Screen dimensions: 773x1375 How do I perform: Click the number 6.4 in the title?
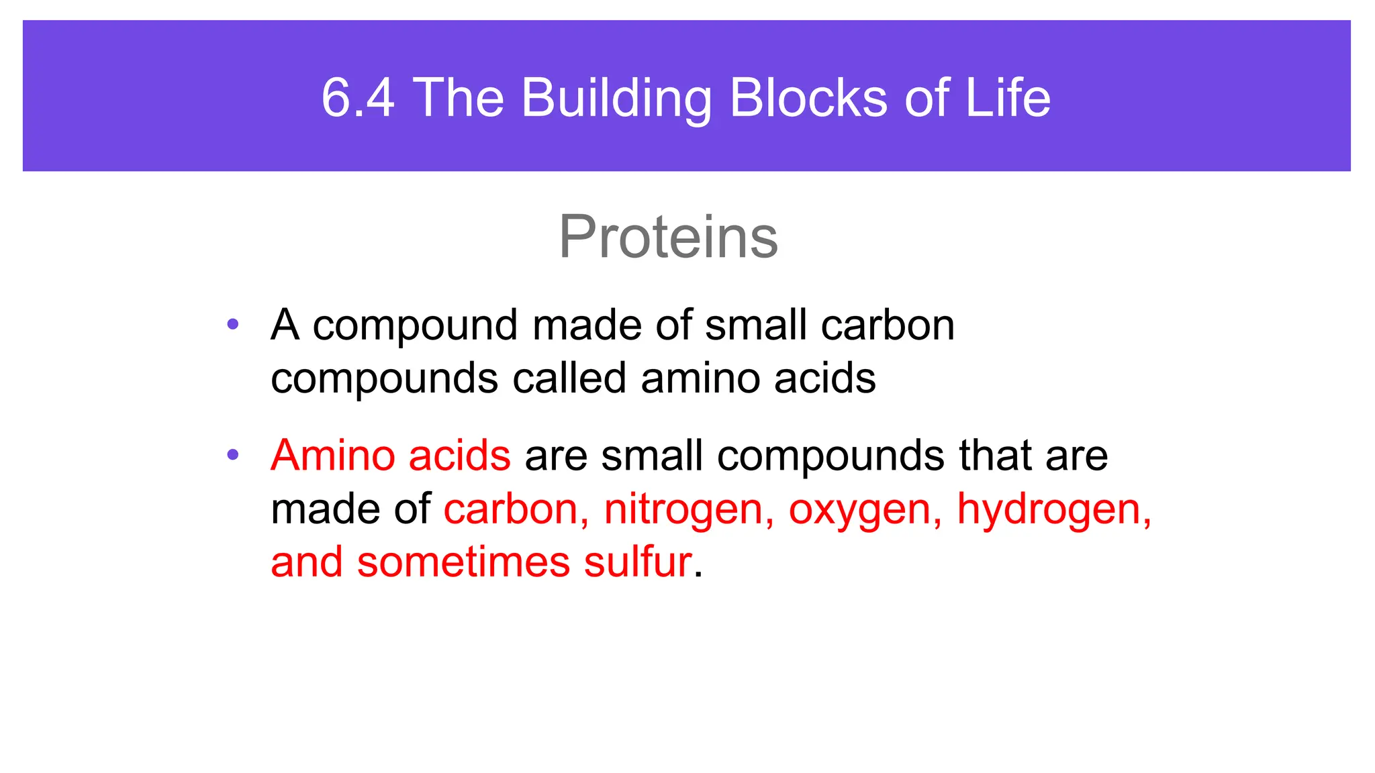click(358, 98)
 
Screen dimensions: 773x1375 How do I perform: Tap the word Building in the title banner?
click(616, 98)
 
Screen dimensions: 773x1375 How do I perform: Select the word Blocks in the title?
click(809, 98)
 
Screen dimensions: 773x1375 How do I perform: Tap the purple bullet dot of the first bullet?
click(233, 325)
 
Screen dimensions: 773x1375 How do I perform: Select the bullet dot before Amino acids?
click(233, 455)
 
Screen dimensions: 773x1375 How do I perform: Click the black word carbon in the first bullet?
click(888, 325)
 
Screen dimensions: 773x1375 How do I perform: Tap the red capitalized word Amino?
click(332, 455)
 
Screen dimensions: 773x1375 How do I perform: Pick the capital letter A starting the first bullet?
click(285, 325)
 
